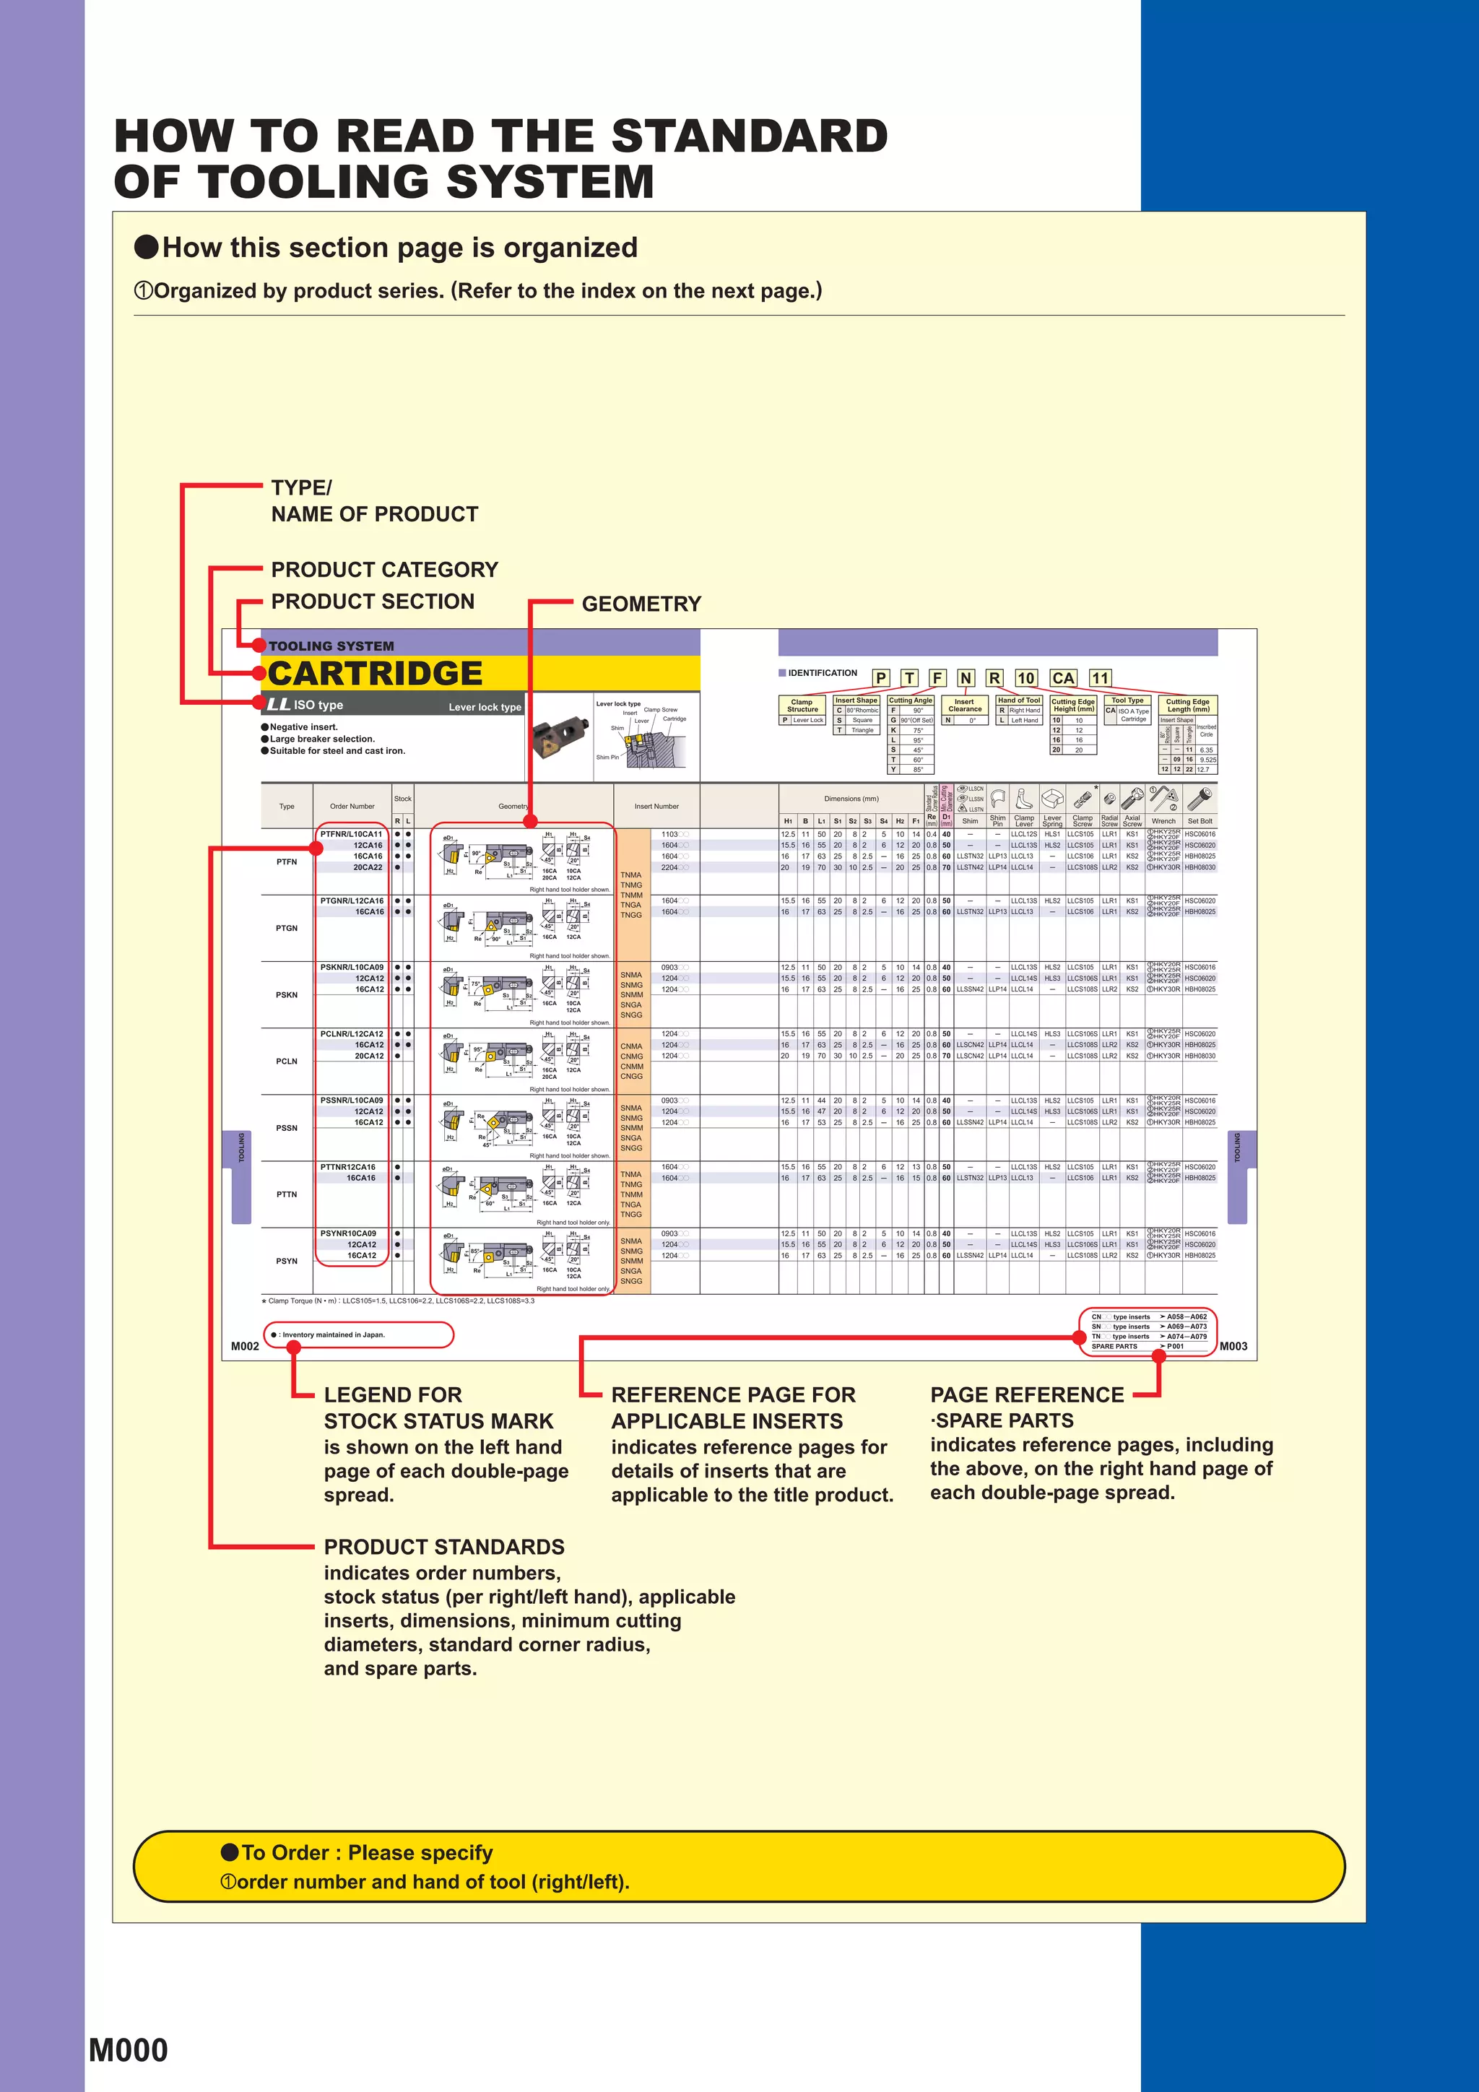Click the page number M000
point(129,2049)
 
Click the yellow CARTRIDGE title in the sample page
point(375,673)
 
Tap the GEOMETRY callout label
point(641,604)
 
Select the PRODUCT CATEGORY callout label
point(385,570)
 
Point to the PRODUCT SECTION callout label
point(373,602)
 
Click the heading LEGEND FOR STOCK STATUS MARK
point(438,1407)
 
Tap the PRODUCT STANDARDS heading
point(444,1546)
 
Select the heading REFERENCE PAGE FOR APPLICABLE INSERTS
point(733,1407)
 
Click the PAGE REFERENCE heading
point(1027,1395)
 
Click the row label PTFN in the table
point(286,861)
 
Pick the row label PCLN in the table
point(286,1062)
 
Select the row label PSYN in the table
point(286,1261)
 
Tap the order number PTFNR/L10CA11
point(352,834)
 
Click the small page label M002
point(244,1346)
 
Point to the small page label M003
point(1233,1346)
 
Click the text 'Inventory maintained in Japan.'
point(334,1334)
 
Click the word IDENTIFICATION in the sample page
point(822,673)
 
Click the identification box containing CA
point(1062,678)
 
